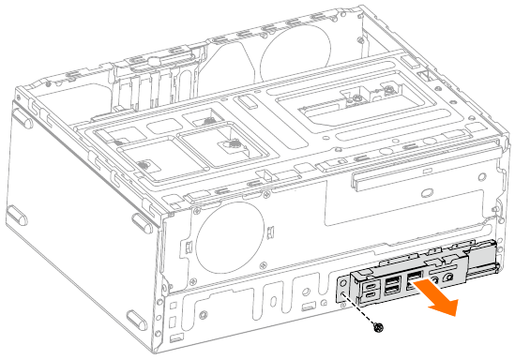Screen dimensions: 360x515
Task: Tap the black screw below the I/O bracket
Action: click(x=378, y=328)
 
